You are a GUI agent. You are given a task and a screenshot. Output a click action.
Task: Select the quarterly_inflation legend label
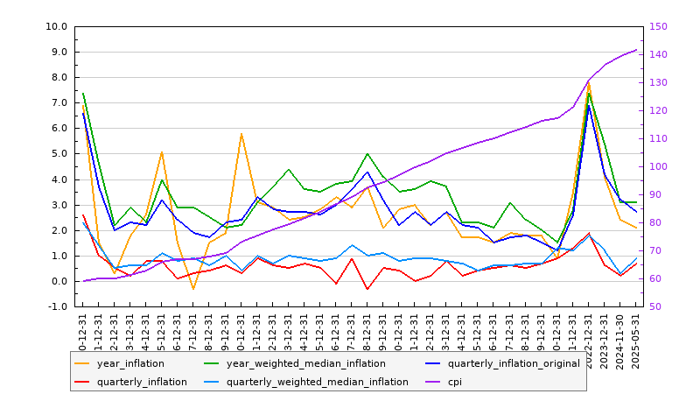pyautogui.click(x=142, y=382)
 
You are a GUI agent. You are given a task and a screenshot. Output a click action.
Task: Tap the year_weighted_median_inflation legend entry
pyautogui.click(x=305, y=363)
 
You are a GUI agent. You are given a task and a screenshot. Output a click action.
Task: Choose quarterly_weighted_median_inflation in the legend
pyautogui.click(x=317, y=382)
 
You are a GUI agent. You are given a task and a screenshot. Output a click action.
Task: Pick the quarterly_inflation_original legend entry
pyautogui.click(x=514, y=363)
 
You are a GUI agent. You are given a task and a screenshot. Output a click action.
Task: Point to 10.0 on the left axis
pyautogui.click(x=58, y=26)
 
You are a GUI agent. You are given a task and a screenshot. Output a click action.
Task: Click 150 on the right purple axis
pyautogui.click(x=659, y=26)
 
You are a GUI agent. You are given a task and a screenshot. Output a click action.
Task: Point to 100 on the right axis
pyautogui.click(x=659, y=166)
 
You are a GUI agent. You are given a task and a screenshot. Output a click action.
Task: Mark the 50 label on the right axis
pyautogui.click(x=656, y=307)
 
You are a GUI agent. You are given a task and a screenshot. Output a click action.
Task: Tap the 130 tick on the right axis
pyautogui.click(x=659, y=82)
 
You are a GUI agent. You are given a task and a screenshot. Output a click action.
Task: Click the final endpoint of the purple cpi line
pyautogui.click(x=636, y=49)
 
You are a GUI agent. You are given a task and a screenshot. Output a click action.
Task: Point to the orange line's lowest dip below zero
pyautogui.click(x=193, y=290)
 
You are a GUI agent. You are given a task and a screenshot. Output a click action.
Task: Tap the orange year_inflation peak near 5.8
pyautogui.click(x=241, y=134)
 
